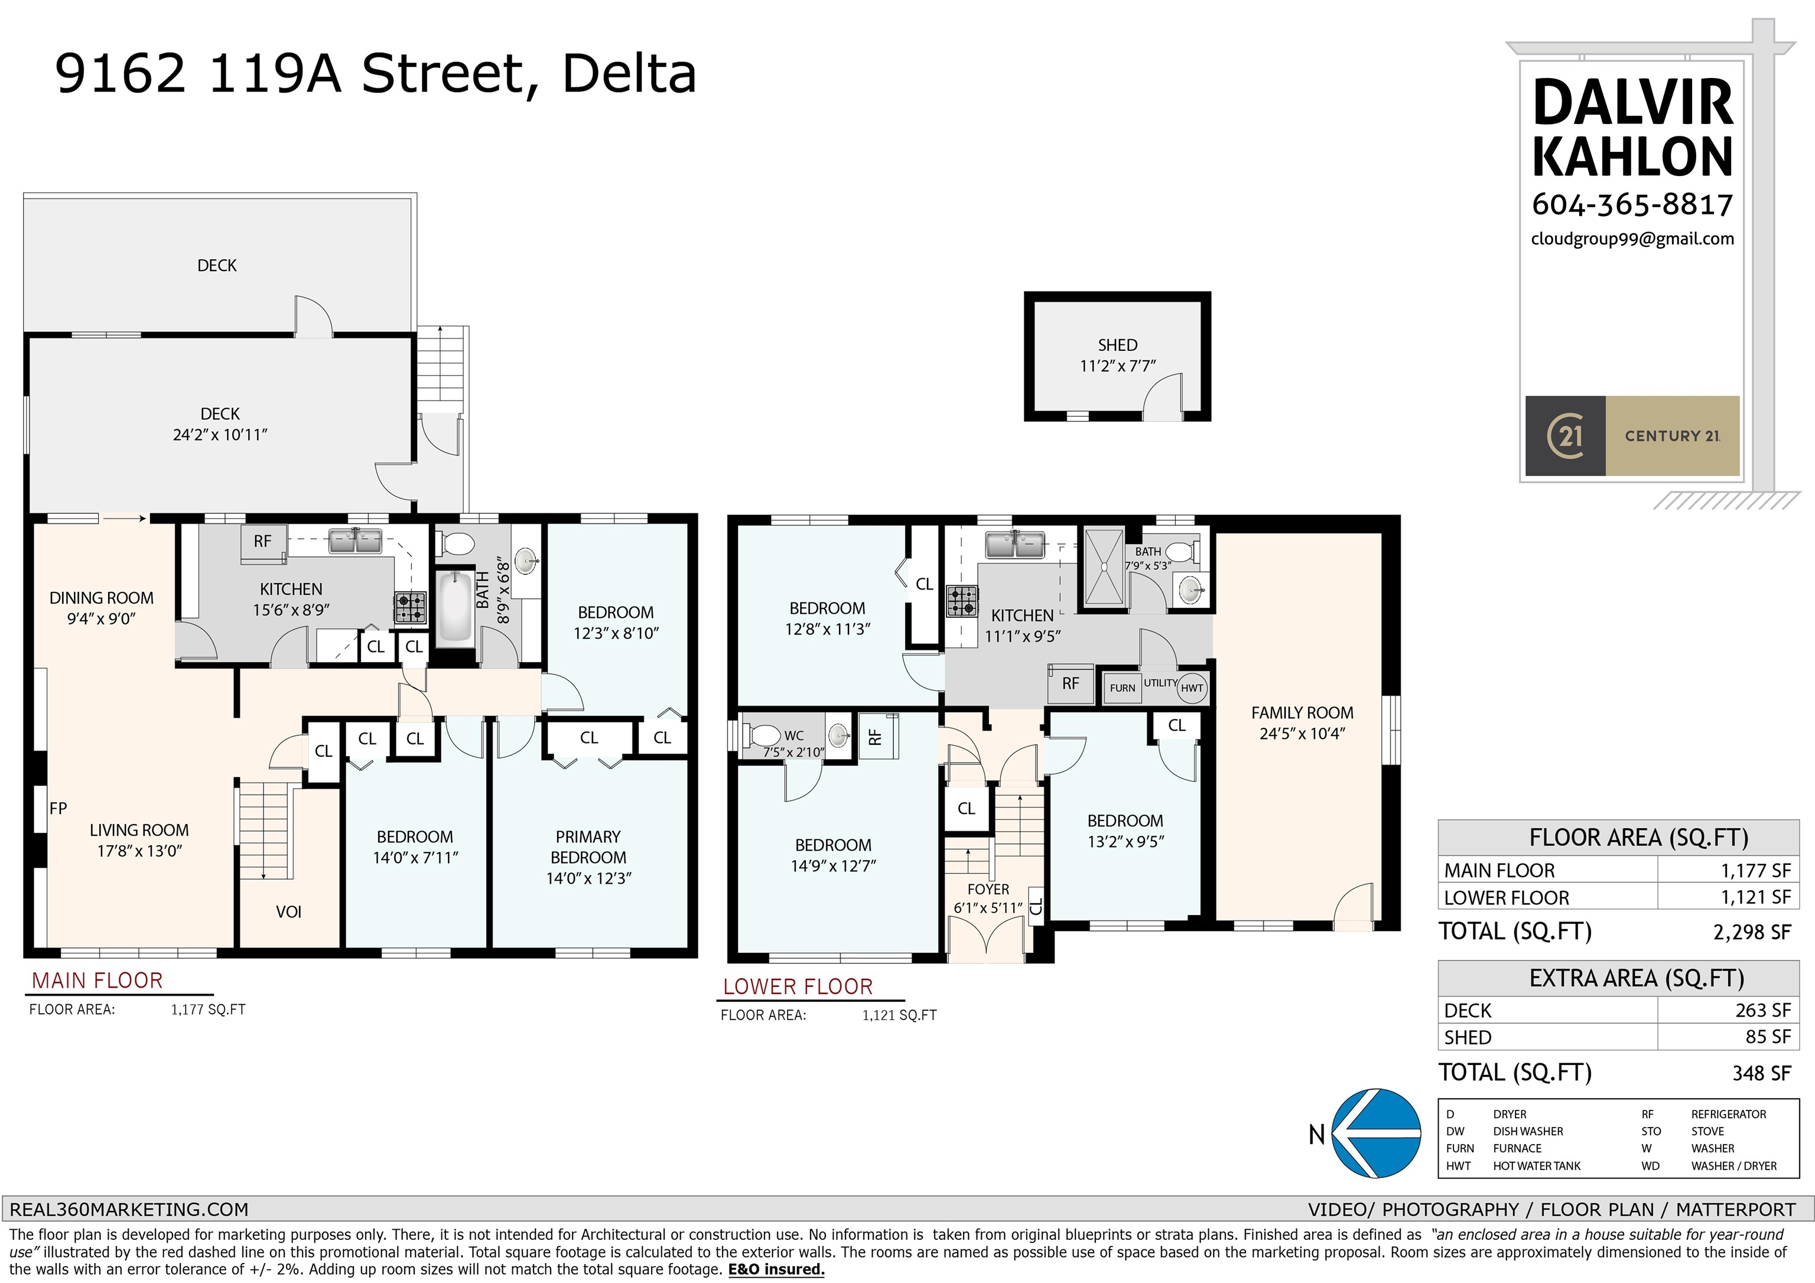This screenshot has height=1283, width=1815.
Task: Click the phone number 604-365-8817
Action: pyautogui.click(x=1632, y=205)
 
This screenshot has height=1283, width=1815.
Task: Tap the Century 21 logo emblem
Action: pyautogui.click(x=1564, y=435)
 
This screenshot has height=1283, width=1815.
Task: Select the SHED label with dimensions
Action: pyautogui.click(x=1117, y=355)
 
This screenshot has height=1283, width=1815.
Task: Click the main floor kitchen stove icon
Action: pyautogui.click(x=410, y=607)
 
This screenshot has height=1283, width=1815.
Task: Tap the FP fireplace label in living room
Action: pyautogui.click(x=58, y=808)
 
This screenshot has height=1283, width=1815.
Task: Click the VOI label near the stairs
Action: pyautogui.click(x=288, y=911)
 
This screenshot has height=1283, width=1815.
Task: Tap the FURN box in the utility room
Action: pyautogui.click(x=1122, y=688)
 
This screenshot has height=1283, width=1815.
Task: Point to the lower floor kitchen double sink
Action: pyautogui.click(x=1015, y=544)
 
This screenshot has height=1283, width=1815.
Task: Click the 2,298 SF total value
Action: pyautogui.click(x=1751, y=932)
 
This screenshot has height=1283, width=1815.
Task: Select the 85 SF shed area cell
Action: pyautogui.click(x=1767, y=1037)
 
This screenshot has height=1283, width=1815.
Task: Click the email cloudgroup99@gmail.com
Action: pyautogui.click(x=1632, y=239)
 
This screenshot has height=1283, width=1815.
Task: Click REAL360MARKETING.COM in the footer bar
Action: pyautogui.click(x=129, y=1210)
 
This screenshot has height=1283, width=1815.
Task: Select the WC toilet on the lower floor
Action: pyautogui.click(x=763, y=736)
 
